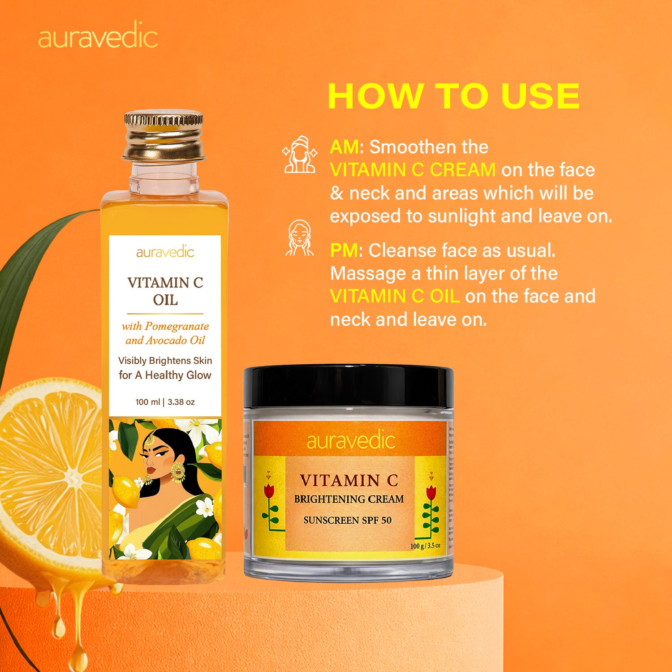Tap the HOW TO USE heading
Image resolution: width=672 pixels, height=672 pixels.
tap(453, 96)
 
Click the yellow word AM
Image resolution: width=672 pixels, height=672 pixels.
tap(344, 147)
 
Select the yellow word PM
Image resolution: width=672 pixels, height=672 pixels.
tap(344, 250)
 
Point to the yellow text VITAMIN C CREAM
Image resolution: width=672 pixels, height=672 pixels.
tap(413, 170)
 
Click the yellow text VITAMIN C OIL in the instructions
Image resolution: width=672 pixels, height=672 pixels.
tap(395, 296)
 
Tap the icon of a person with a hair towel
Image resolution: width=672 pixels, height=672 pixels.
tap(299, 155)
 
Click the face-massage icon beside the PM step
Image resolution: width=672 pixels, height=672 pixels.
tap(299, 238)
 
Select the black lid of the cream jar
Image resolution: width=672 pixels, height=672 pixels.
tap(348, 386)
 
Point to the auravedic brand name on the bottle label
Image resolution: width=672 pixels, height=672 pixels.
tap(165, 252)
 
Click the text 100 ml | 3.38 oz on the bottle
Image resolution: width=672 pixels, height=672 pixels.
tap(165, 402)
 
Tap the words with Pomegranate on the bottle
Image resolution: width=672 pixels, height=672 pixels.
tap(165, 326)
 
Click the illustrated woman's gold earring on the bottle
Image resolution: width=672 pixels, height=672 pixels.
tap(178, 471)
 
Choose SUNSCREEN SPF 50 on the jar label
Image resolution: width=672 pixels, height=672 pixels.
tap(347, 520)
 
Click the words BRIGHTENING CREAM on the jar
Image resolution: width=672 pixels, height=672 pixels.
tap(349, 499)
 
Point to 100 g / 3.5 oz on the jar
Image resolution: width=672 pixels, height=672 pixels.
tap(425, 546)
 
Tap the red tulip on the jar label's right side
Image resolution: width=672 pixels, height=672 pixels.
tap(431, 492)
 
